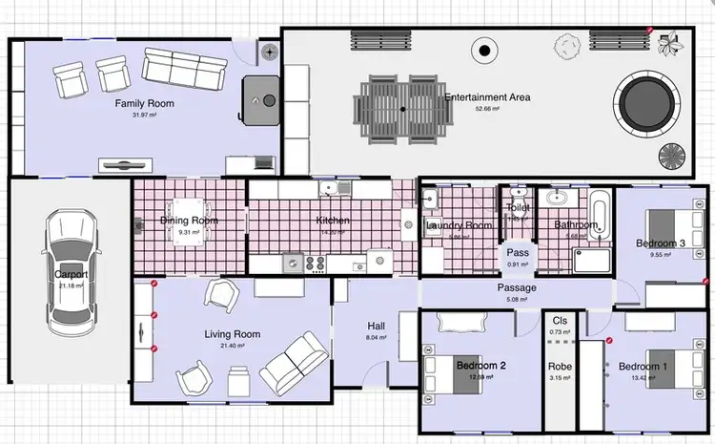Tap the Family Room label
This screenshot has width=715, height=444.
145,103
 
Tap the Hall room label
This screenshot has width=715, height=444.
377,325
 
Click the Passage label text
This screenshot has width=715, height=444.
517,287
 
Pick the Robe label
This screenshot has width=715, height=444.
559,366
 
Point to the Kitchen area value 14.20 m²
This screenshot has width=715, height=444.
334,232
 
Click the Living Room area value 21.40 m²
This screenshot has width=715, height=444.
233,346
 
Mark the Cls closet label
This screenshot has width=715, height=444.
559,320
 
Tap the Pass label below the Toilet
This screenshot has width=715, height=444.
518,253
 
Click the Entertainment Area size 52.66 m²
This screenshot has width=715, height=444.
487,108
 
